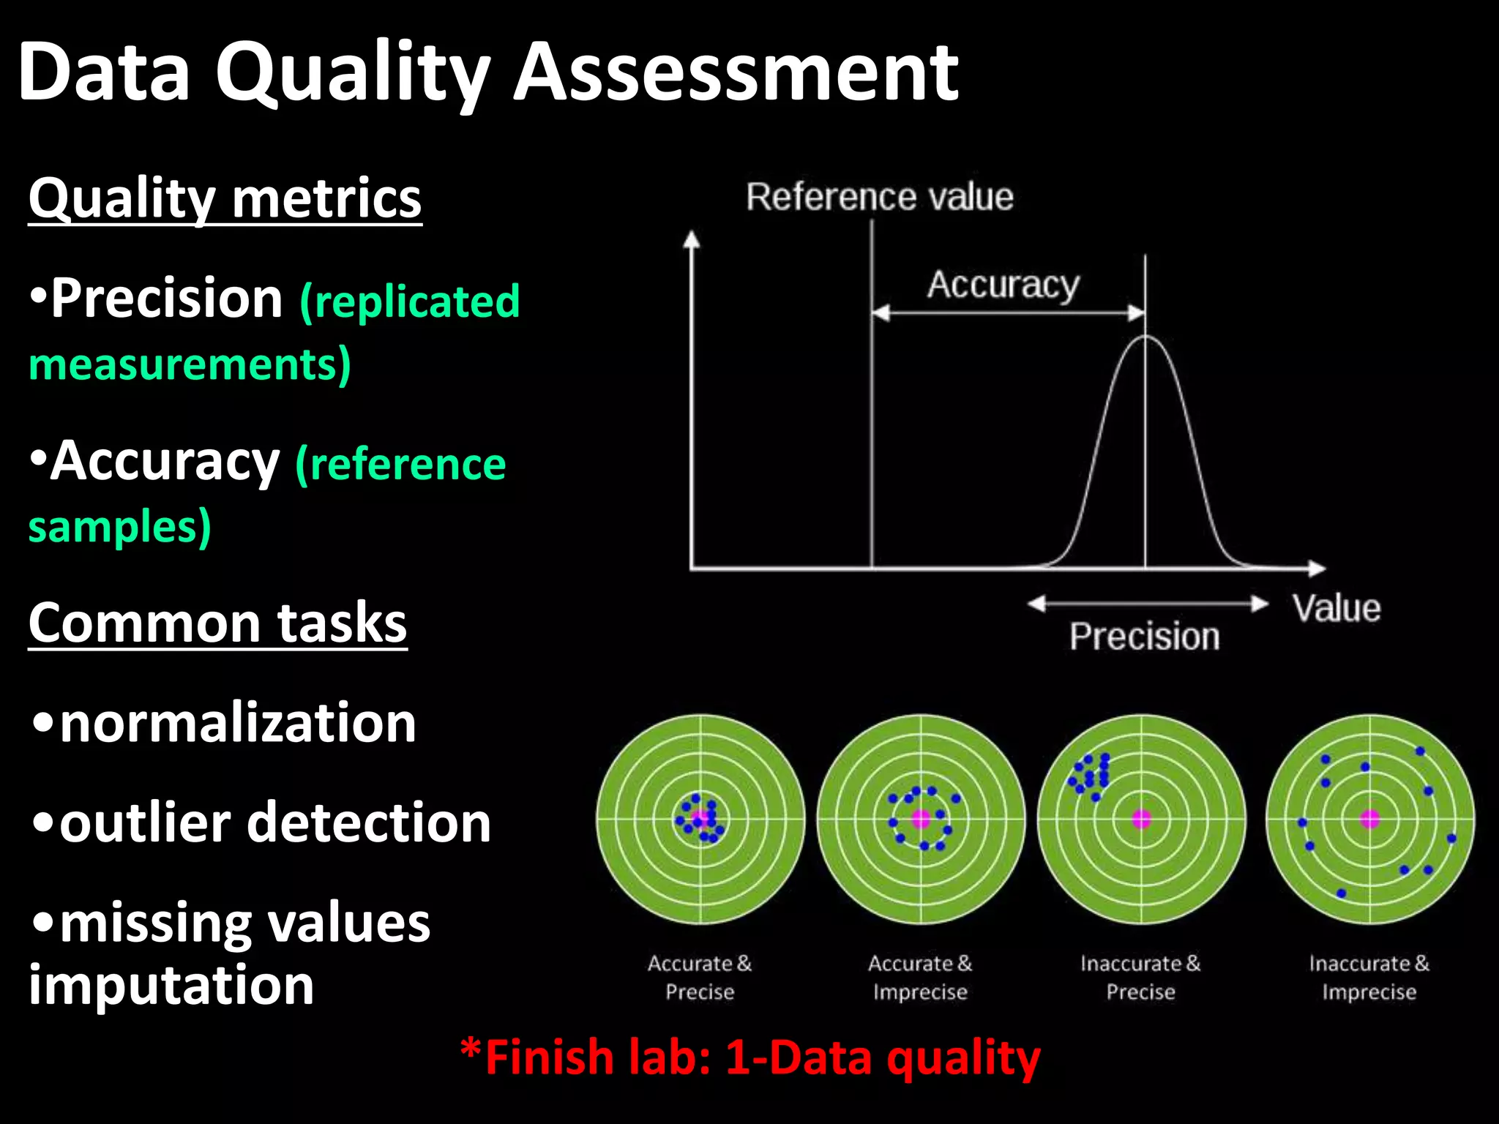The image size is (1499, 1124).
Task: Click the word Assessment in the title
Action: (x=736, y=72)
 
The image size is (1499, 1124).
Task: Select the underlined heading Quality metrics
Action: (x=225, y=198)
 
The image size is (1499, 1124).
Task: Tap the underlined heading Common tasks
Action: (x=217, y=623)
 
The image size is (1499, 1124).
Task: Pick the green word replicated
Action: (x=410, y=301)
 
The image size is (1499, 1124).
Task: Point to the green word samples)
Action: (x=119, y=526)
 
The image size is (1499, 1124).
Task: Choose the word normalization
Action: (x=238, y=722)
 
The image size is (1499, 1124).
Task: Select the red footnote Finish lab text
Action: (x=750, y=1057)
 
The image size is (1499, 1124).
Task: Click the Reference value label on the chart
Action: (x=880, y=197)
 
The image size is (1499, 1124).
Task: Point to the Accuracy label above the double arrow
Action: (x=1003, y=284)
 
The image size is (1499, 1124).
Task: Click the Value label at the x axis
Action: (x=1337, y=608)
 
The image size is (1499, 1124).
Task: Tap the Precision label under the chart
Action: (x=1145, y=636)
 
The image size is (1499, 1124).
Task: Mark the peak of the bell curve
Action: (x=1146, y=337)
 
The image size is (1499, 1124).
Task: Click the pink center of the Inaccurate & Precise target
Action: (x=1141, y=818)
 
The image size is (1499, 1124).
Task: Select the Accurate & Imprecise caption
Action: (x=920, y=978)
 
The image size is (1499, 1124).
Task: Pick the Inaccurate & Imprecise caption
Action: (x=1369, y=978)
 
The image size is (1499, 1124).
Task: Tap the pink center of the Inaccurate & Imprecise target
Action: (x=1369, y=818)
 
